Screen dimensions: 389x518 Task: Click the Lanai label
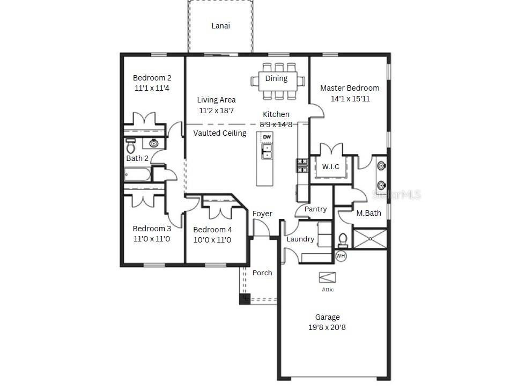[220, 26]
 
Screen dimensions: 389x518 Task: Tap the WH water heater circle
[341, 256]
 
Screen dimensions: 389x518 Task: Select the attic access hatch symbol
[327, 277]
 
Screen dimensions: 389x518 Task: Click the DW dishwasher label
[267, 137]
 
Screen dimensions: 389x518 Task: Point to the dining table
[277, 81]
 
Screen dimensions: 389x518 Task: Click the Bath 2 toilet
[130, 145]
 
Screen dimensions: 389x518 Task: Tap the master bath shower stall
[369, 239]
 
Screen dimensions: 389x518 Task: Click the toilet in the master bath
[343, 240]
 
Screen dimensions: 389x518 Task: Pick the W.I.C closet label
[330, 166]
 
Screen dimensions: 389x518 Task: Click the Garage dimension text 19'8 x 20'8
[327, 327]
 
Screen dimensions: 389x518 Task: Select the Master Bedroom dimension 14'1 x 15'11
[350, 99]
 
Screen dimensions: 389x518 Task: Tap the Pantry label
[315, 209]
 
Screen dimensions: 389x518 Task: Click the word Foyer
[262, 214]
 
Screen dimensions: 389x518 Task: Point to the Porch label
[262, 273]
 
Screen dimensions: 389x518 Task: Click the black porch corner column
[245, 299]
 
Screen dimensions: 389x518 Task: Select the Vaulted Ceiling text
[220, 133]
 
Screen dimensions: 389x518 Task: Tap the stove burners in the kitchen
[302, 165]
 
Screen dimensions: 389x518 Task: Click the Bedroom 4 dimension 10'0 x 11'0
[212, 240]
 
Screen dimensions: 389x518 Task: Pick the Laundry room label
[300, 239]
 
